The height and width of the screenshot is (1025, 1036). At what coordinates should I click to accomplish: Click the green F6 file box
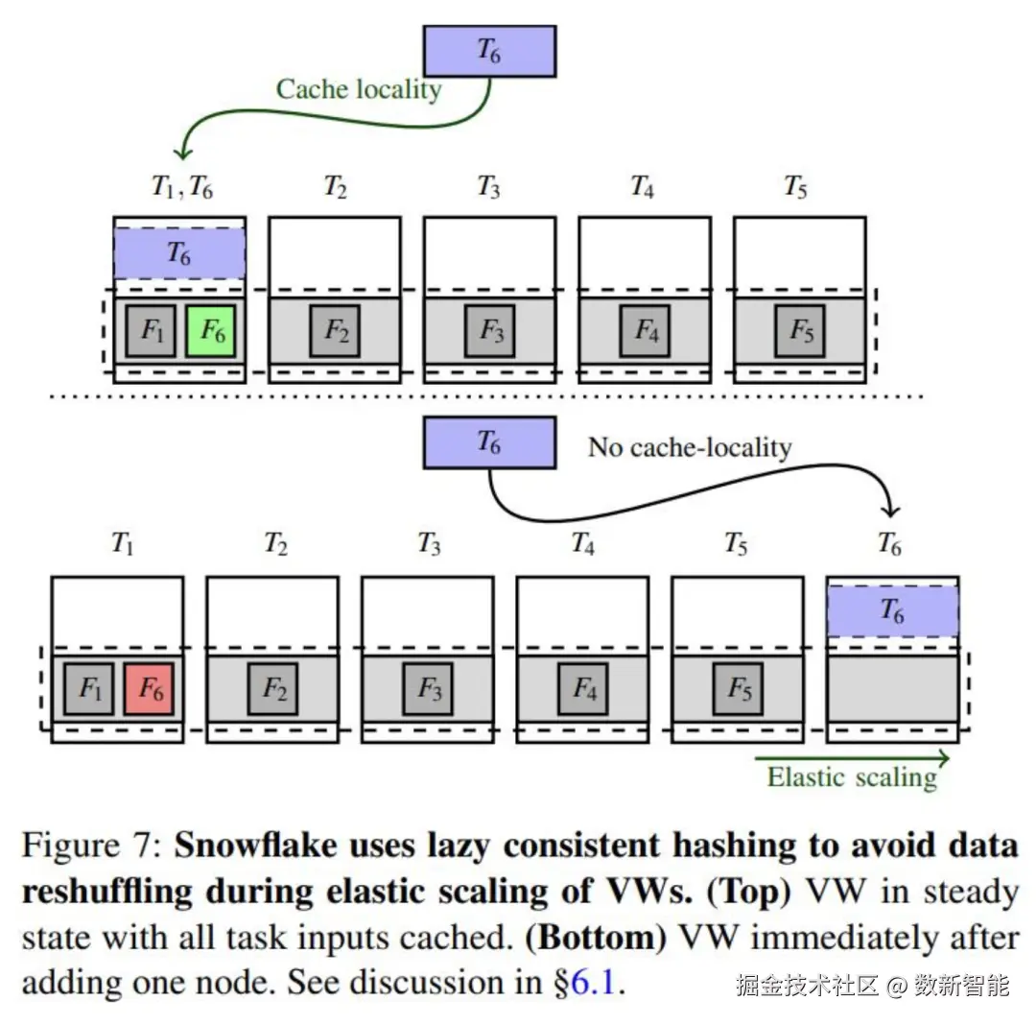pos(210,331)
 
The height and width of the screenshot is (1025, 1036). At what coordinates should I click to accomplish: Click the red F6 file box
pos(149,689)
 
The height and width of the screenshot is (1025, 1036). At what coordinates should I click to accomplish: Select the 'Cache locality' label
pos(359,89)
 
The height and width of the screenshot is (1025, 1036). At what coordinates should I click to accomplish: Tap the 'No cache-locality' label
pos(690,447)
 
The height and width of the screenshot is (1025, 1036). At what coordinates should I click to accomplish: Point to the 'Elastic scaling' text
pos(852,777)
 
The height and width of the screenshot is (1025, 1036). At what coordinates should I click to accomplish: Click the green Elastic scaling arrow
pos(853,758)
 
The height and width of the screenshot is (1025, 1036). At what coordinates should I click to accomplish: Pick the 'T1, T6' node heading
pos(181,187)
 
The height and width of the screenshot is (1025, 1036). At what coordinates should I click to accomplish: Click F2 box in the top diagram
pos(335,331)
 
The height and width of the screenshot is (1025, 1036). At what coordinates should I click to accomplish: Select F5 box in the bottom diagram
pos(739,689)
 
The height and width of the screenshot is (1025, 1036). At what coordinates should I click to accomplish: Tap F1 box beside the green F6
pos(151,331)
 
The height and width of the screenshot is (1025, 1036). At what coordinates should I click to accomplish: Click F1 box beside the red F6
pos(89,689)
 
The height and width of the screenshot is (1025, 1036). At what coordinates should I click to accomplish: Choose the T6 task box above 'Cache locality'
pos(489,51)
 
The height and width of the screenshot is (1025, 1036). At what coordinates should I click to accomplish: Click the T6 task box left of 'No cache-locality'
pos(489,442)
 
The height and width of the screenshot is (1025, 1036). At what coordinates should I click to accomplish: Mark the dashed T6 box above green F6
pos(179,253)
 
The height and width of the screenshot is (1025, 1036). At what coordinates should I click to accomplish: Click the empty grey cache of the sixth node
pos(893,689)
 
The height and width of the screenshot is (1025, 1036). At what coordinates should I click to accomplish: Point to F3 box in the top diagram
pos(489,331)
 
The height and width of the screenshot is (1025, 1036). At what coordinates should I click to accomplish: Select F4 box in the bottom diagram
pos(583,689)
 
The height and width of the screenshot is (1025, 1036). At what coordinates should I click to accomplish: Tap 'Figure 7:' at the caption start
pos(92,846)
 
